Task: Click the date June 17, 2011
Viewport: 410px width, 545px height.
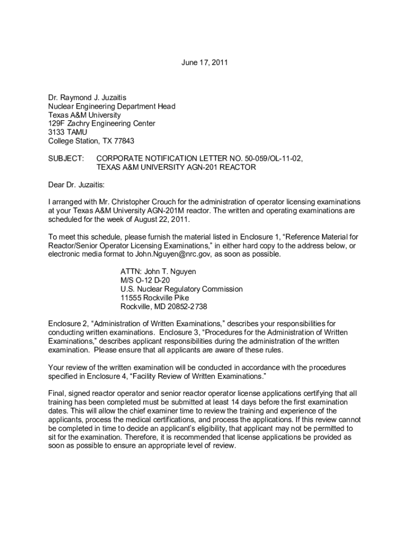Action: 205,62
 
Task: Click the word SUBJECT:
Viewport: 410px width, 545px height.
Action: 66,159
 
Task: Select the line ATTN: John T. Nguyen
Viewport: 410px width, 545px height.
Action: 158,271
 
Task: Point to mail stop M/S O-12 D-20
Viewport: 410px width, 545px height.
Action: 145,280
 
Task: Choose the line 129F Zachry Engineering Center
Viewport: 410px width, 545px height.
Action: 102,123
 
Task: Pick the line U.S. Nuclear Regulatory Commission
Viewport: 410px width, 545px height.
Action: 182,289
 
